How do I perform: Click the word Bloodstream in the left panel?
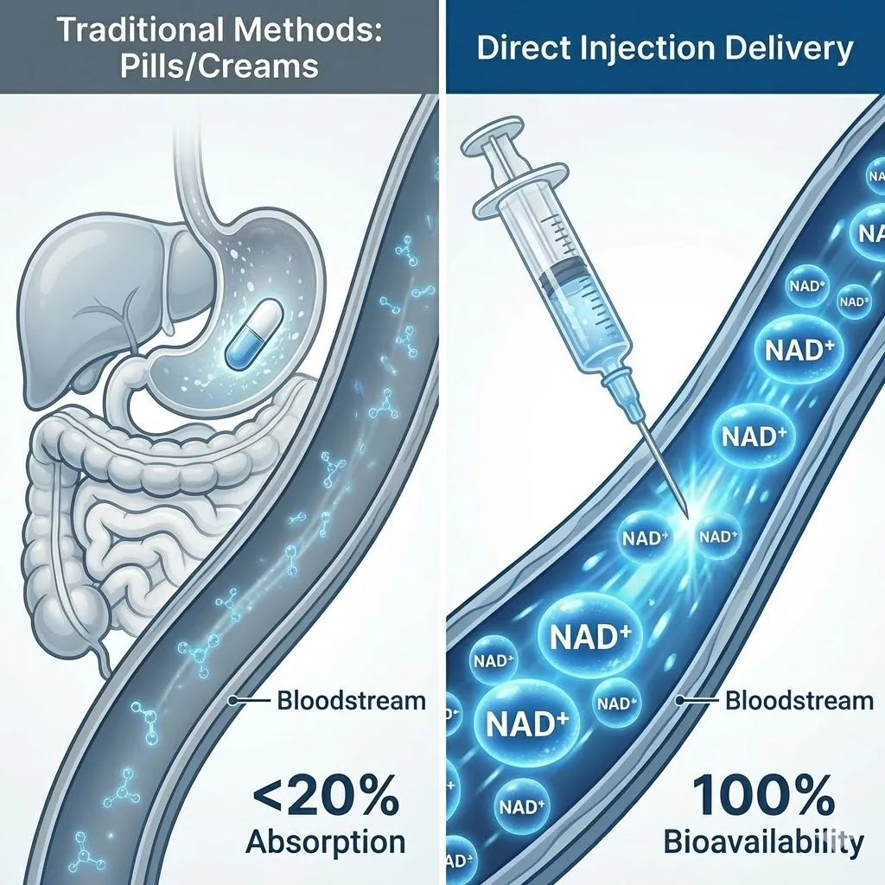click(x=351, y=699)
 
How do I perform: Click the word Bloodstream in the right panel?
click(x=799, y=699)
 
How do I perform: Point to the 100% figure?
click(x=761, y=791)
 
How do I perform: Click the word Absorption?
click(x=325, y=840)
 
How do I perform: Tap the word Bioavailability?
click(x=763, y=840)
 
